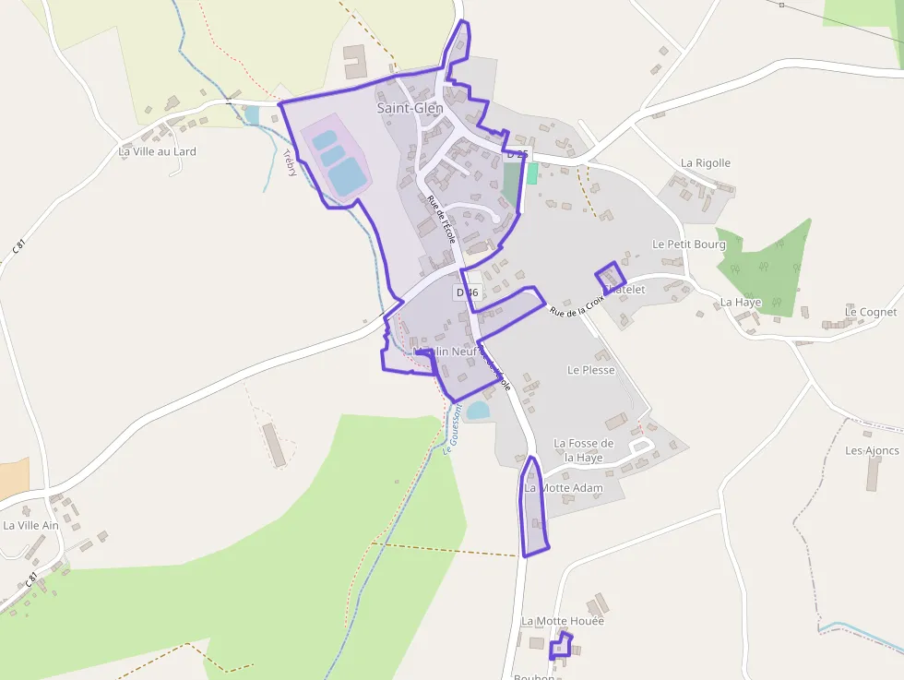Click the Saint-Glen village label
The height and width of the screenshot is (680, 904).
[x=410, y=108]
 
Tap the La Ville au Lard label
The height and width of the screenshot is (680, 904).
[x=157, y=151]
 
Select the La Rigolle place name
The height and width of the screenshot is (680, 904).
[x=706, y=163]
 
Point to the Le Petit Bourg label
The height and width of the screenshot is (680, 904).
[x=688, y=245]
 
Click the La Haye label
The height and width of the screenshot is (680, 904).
[x=741, y=302]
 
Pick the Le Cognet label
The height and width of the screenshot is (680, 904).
[x=871, y=312]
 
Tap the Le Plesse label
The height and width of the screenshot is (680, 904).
[x=590, y=370]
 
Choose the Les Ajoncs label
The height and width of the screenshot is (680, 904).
[x=872, y=450]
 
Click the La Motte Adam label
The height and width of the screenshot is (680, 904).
[x=564, y=487]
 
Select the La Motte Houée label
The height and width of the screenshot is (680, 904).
[x=562, y=621]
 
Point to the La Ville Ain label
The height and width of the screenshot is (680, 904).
[x=30, y=526]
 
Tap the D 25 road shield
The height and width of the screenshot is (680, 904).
[x=517, y=154]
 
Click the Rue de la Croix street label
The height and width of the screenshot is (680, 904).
[x=576, y=304]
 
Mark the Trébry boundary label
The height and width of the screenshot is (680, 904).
[x=291, y=162]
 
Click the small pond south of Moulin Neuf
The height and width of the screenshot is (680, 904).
[x=478, y=410]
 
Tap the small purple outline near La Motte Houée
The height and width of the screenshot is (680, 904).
[x=560, y=646]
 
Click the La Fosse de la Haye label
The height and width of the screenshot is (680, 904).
[x=583, y=450]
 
